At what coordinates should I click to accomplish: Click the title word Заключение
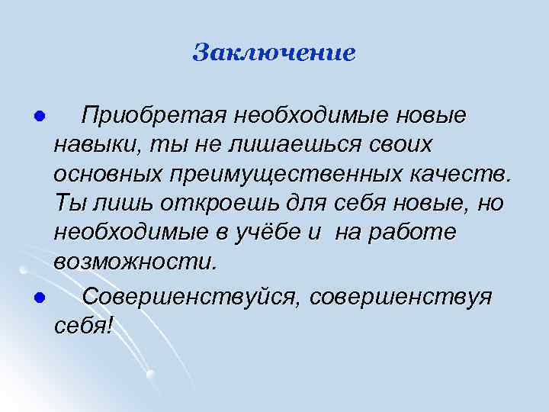coord(274,53)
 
